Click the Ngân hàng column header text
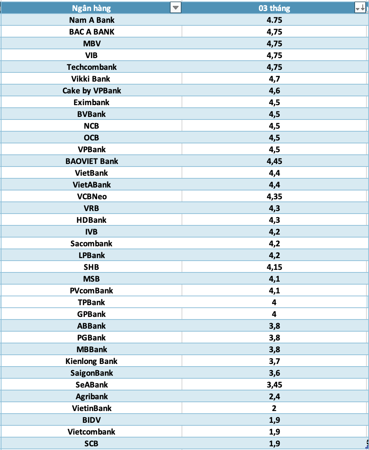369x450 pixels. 91,8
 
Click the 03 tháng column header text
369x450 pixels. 274,8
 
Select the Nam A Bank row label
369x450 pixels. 92,20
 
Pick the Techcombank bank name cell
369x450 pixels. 92,67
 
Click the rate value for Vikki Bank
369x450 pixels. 274,79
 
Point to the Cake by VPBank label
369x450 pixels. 92,90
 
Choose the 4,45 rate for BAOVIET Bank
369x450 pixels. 274,161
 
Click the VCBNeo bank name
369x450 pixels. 92,196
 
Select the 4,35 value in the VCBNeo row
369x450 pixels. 274,196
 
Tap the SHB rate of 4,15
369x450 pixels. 274,267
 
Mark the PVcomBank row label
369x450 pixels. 92,290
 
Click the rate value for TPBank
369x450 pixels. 274,302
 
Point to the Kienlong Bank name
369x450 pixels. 92,361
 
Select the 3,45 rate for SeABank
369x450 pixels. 274,385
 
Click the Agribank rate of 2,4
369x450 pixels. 274,396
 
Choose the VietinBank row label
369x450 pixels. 92,408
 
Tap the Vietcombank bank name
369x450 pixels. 92,432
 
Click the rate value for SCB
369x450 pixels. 274,443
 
